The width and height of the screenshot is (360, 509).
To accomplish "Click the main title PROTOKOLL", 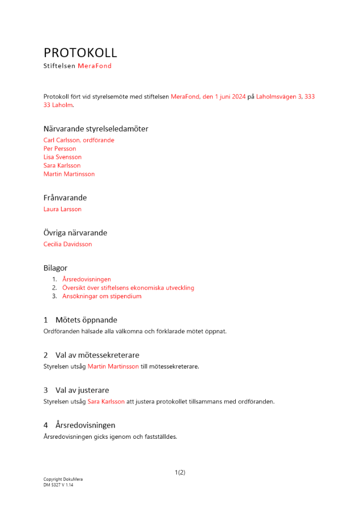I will [80, 53].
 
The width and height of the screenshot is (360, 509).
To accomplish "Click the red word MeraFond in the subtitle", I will [95, 66].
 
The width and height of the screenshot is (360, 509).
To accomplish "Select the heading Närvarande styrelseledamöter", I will [96, 129].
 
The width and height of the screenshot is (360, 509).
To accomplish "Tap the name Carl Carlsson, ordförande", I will [79, 140].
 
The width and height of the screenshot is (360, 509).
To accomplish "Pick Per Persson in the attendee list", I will [60, 149].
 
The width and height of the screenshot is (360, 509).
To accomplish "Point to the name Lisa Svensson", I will [63, 157].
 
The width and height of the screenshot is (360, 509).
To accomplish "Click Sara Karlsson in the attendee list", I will [62, 165].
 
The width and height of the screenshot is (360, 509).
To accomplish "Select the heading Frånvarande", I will [65, 197].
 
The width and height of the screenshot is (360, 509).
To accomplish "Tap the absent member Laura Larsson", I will [63, 209].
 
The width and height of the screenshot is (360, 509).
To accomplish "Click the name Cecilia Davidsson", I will [68, 244].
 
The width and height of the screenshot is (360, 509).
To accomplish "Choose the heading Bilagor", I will [56, 268].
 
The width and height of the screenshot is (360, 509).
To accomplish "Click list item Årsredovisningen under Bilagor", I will [87, 279].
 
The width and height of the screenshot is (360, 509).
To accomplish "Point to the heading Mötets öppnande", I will [86, 320].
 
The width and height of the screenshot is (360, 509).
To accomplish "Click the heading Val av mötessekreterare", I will [97, 355].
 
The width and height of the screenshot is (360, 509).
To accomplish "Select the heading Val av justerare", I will [82, 390].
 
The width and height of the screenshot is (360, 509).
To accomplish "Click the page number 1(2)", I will [180, 472].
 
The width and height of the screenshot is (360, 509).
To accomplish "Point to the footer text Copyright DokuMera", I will [63, 479].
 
